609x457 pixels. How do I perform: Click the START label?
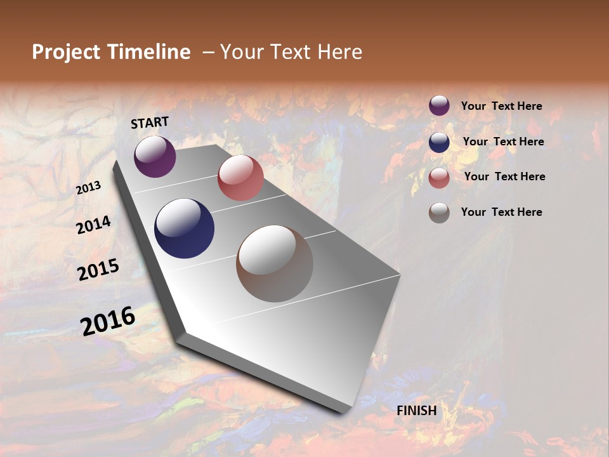click(x=150, y=123)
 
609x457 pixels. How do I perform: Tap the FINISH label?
click(x=417, y=411)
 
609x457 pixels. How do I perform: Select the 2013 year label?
click(x=89, y=187)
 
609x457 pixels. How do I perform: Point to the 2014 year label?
click(x=94, y=225)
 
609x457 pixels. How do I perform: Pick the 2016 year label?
click(x=108, y=321)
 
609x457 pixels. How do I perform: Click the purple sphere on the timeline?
click(x=155, y=156)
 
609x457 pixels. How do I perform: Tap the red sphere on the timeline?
click(x=240, y=178)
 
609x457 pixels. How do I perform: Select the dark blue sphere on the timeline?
click(x=184, y=228)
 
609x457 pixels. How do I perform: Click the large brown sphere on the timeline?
click(x=275, y=263)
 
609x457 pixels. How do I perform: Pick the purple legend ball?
click(x=439, y=106)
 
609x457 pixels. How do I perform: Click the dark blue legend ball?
click(x=439, y=142)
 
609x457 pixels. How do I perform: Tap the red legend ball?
click(x=439, y=178)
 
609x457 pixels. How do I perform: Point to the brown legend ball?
click(x=439, y=213)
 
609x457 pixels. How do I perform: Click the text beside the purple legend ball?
click(x=501, y=107)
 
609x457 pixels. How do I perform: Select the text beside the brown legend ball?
click(x=501, y=212)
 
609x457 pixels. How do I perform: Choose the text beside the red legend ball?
click(x=504, y=176)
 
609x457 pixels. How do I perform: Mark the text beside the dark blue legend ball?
click(x=503, y=142)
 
